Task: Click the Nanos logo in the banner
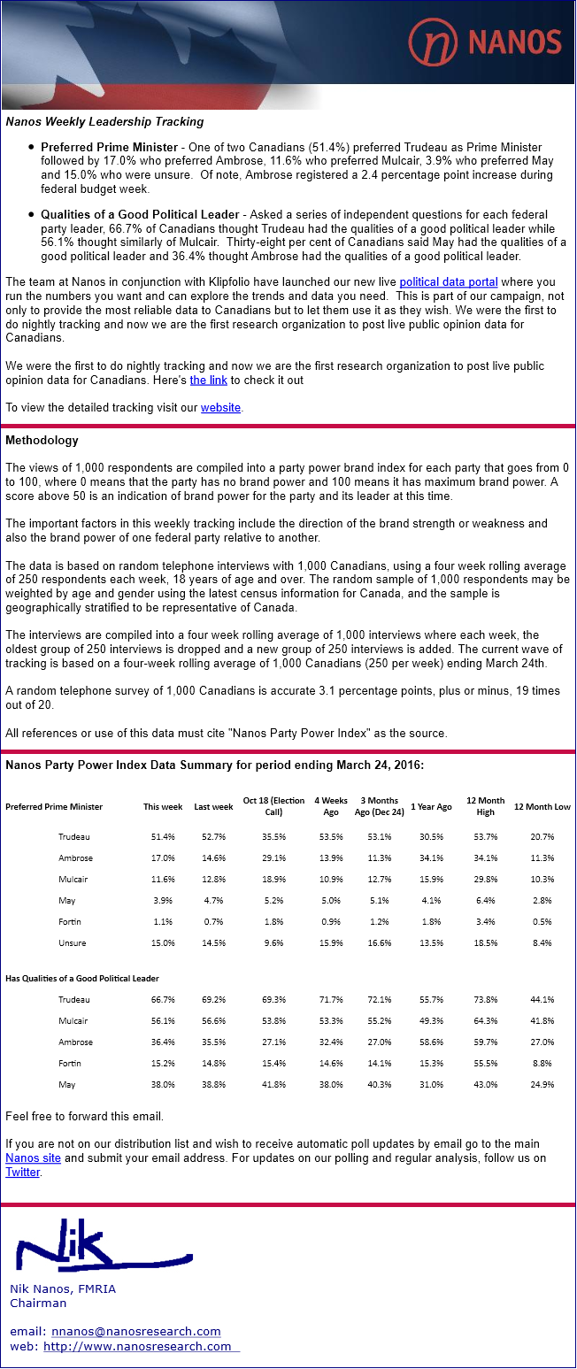coord(484,41)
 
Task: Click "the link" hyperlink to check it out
coord(208,380)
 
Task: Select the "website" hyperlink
coord(220,407)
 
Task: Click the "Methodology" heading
coord(42,440)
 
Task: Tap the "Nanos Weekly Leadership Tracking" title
coord(104,121)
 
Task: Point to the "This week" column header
coord(163,806)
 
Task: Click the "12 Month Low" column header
coord(542,806)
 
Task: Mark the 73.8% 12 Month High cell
coord(485,999)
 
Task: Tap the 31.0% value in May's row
coord(431,1084)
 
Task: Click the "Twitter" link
coord(23,1172)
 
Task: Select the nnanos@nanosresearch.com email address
coord(135,1331)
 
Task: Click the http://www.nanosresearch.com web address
coord(137,1346)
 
